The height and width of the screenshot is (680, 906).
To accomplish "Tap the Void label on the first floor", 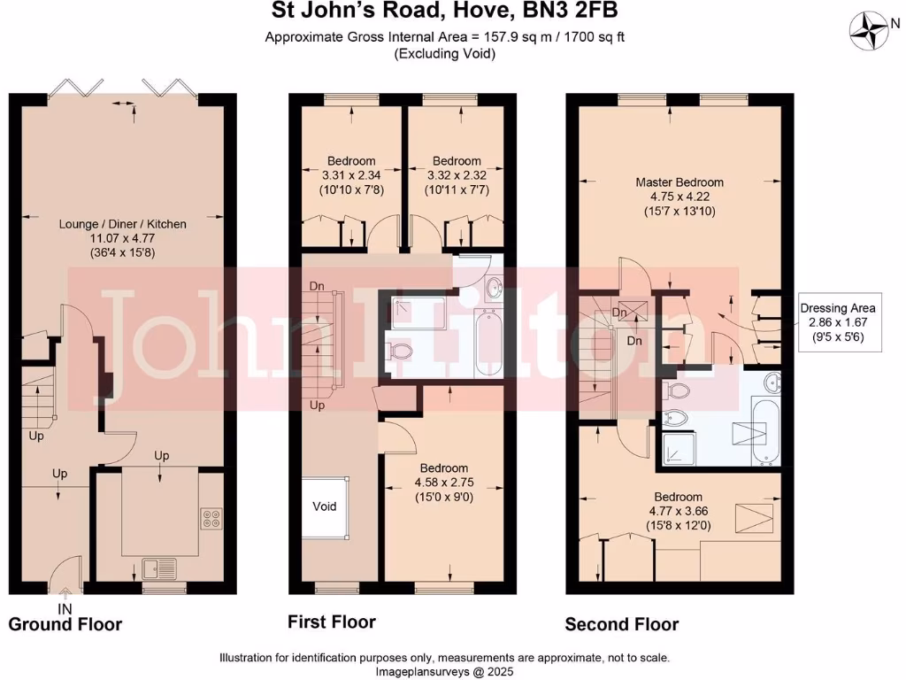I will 325,506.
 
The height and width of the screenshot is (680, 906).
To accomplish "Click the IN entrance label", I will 65,609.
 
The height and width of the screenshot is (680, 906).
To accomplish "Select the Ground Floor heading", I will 65,624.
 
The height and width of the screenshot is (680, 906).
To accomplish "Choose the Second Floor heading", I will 622,624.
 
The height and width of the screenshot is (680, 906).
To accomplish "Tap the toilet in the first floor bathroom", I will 401,352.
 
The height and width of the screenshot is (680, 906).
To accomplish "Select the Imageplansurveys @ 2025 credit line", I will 445,671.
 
